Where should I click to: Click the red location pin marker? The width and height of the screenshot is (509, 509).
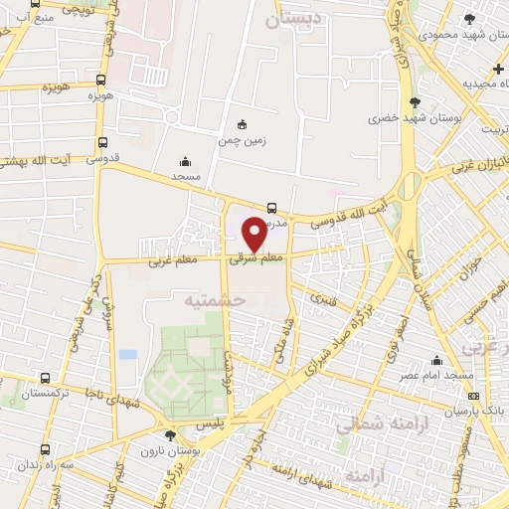coord(254,234)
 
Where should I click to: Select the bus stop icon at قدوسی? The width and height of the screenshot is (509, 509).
coord(103,142)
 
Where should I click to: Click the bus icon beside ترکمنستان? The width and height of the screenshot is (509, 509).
coord(45,379)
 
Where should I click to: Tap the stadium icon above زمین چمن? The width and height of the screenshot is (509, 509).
coord(242,125)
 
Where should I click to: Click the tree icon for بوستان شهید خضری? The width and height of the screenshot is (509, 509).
coord(415,101)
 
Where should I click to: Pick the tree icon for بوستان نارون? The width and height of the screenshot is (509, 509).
coord(170,434)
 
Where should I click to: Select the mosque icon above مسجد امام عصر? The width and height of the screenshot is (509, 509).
coord(436,360)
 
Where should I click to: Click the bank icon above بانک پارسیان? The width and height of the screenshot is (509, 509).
coord(472,393)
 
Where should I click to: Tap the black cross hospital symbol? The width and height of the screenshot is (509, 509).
coord(498,68)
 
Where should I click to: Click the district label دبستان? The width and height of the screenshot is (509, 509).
coord(299,18)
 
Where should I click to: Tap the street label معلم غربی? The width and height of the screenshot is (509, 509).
coord(173,261)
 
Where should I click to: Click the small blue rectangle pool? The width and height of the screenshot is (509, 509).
coord(127,354)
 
